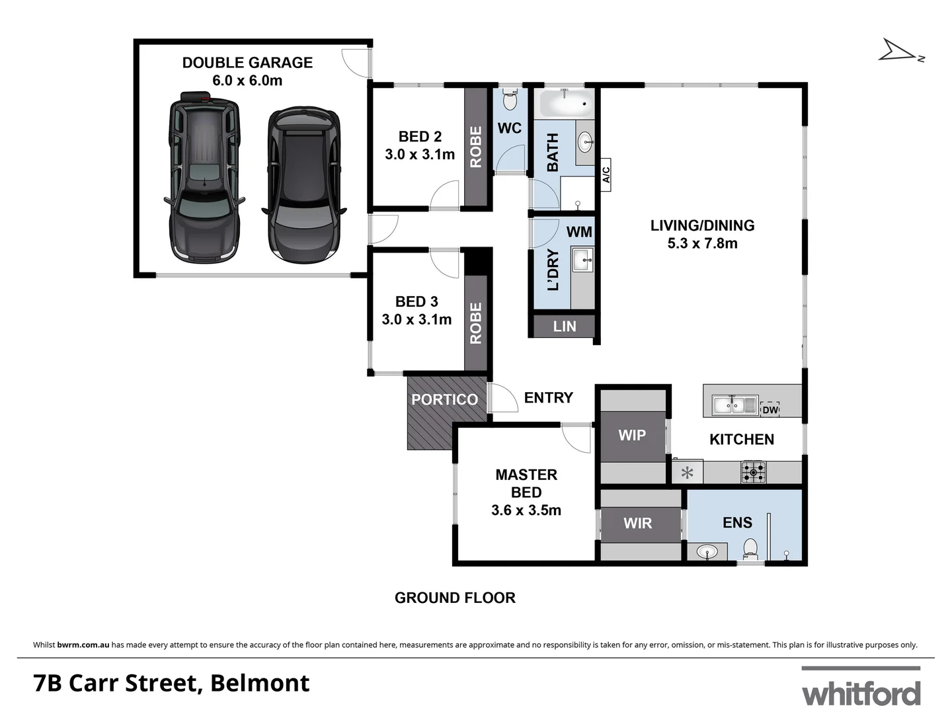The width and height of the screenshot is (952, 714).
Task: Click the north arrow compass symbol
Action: pyautogui.click(x=899, y=51)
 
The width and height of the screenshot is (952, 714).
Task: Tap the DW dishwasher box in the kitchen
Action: pyautogui.click(x=770, y=409)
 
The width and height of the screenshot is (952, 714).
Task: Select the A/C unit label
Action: pyautogui.click(x=606, y=175)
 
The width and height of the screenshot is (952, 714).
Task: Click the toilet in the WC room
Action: pyautogui.click(x=509, y=100)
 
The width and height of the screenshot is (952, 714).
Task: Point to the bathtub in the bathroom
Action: pyautogui.click(x=567, y=104)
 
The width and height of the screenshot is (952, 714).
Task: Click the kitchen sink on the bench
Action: pyautogui.click(x=734, y=405)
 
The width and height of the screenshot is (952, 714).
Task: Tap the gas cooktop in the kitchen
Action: pyautogui.click(x=754, y=472)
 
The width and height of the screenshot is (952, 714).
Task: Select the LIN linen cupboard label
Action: pyautogui.click(x=565, y=327)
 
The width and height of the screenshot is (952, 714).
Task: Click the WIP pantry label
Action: pyautogui.click(x=632, y=435)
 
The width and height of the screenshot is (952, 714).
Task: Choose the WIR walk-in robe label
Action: pyautogui.click(x=637, y=523)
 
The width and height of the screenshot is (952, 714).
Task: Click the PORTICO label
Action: pyautogui.click(x=444, y=399)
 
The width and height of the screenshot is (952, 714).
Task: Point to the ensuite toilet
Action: pyautogui.click(x=750, y=548)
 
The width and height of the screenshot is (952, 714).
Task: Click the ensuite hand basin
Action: pyautogui.click(x=707, y=551)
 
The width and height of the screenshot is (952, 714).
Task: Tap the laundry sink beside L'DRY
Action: pyautogui.click(x=583, y=260)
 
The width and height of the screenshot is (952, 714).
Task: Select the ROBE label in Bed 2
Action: pyautogui.click(x=475, y=147)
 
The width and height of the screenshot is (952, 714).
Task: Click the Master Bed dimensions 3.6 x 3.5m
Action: pyautogui.click(x=526, y=510)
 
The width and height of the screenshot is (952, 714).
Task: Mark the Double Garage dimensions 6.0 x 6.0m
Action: pyautogui.click(x=247, y=81)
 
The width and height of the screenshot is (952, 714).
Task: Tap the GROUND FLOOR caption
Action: pyautogui.click(x=455, y=598)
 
